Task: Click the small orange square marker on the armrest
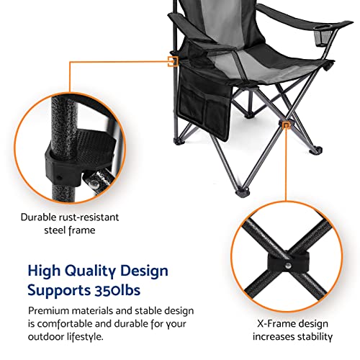[173, 61]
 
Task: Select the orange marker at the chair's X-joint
[287, 125]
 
